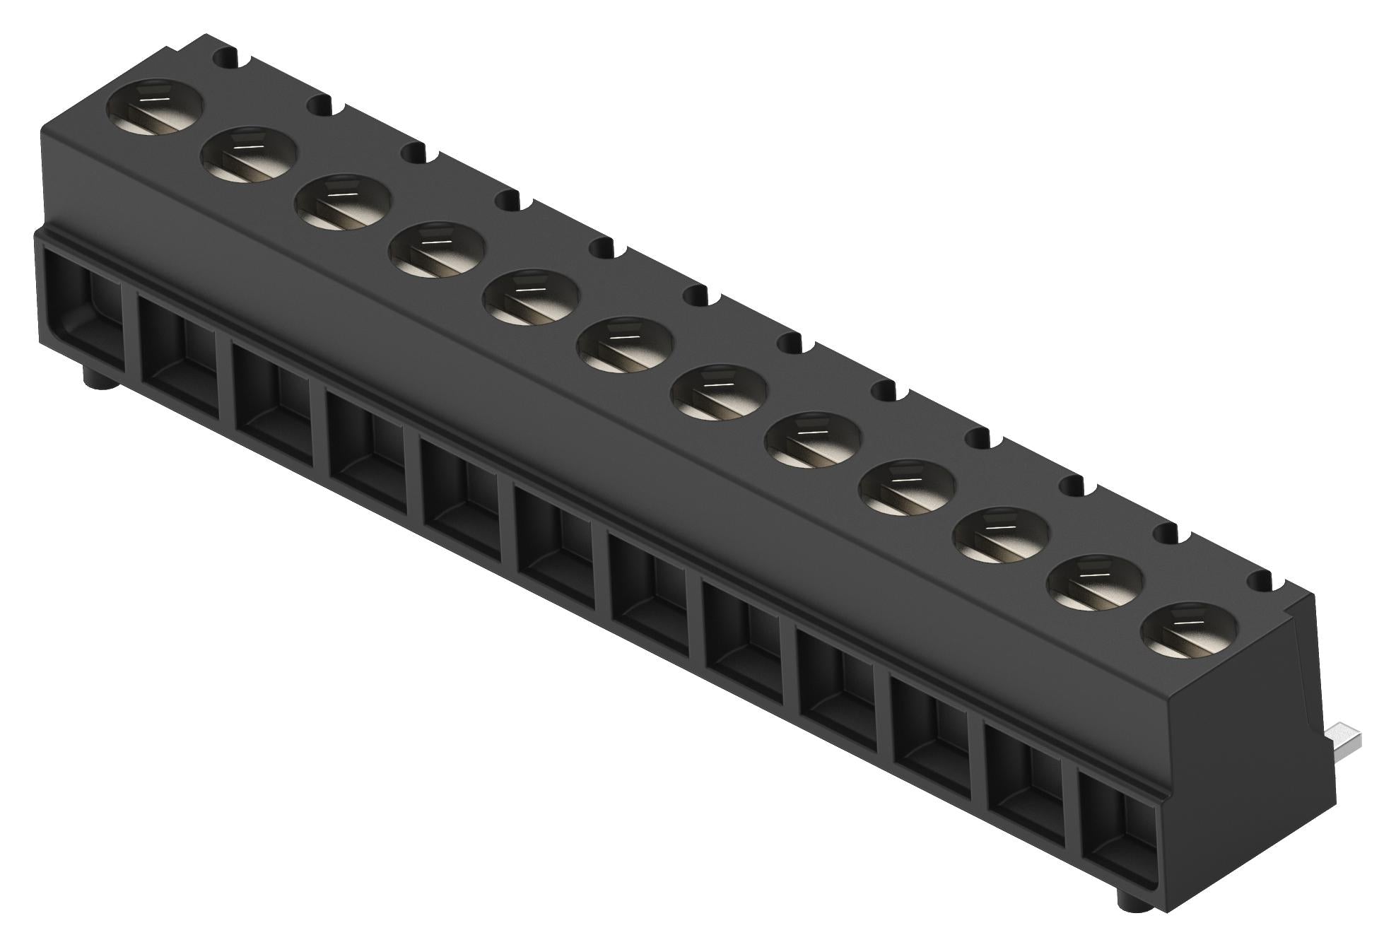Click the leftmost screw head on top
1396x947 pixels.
155,105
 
